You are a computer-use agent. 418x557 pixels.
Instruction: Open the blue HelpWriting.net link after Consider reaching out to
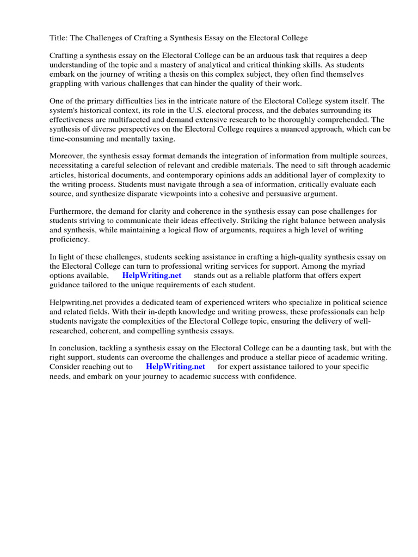(175, 367)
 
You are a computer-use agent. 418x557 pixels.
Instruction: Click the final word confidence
(274, 376)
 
